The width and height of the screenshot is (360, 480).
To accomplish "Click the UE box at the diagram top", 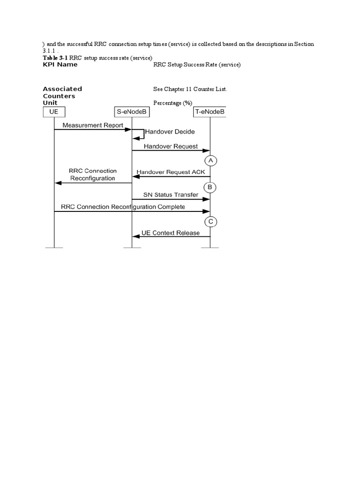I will (53, 112).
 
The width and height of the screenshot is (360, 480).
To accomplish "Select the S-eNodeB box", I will (132, 112).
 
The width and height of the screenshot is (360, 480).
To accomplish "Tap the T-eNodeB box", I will (210, 112).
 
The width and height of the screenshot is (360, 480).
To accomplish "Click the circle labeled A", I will (210, 161).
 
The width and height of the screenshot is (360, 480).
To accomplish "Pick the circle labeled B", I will (210, 187).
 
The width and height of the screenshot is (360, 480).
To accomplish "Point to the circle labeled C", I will (210, 221).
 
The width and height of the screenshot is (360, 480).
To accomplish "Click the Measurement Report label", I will (93, 125).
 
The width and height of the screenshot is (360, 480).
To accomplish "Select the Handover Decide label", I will (170, 132).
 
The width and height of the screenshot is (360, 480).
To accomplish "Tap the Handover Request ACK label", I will (170, 172).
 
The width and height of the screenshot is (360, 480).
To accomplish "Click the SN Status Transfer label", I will (170, 195).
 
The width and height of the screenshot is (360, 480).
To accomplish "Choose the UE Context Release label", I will (170, 232).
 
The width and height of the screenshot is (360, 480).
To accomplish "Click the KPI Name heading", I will (60, 65).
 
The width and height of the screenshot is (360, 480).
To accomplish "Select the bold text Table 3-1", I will (55, 58).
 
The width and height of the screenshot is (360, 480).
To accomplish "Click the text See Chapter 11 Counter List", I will (190, 89).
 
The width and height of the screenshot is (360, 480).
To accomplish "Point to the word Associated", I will (62, 89).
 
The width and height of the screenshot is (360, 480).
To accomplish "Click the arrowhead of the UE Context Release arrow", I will (135, 236).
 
